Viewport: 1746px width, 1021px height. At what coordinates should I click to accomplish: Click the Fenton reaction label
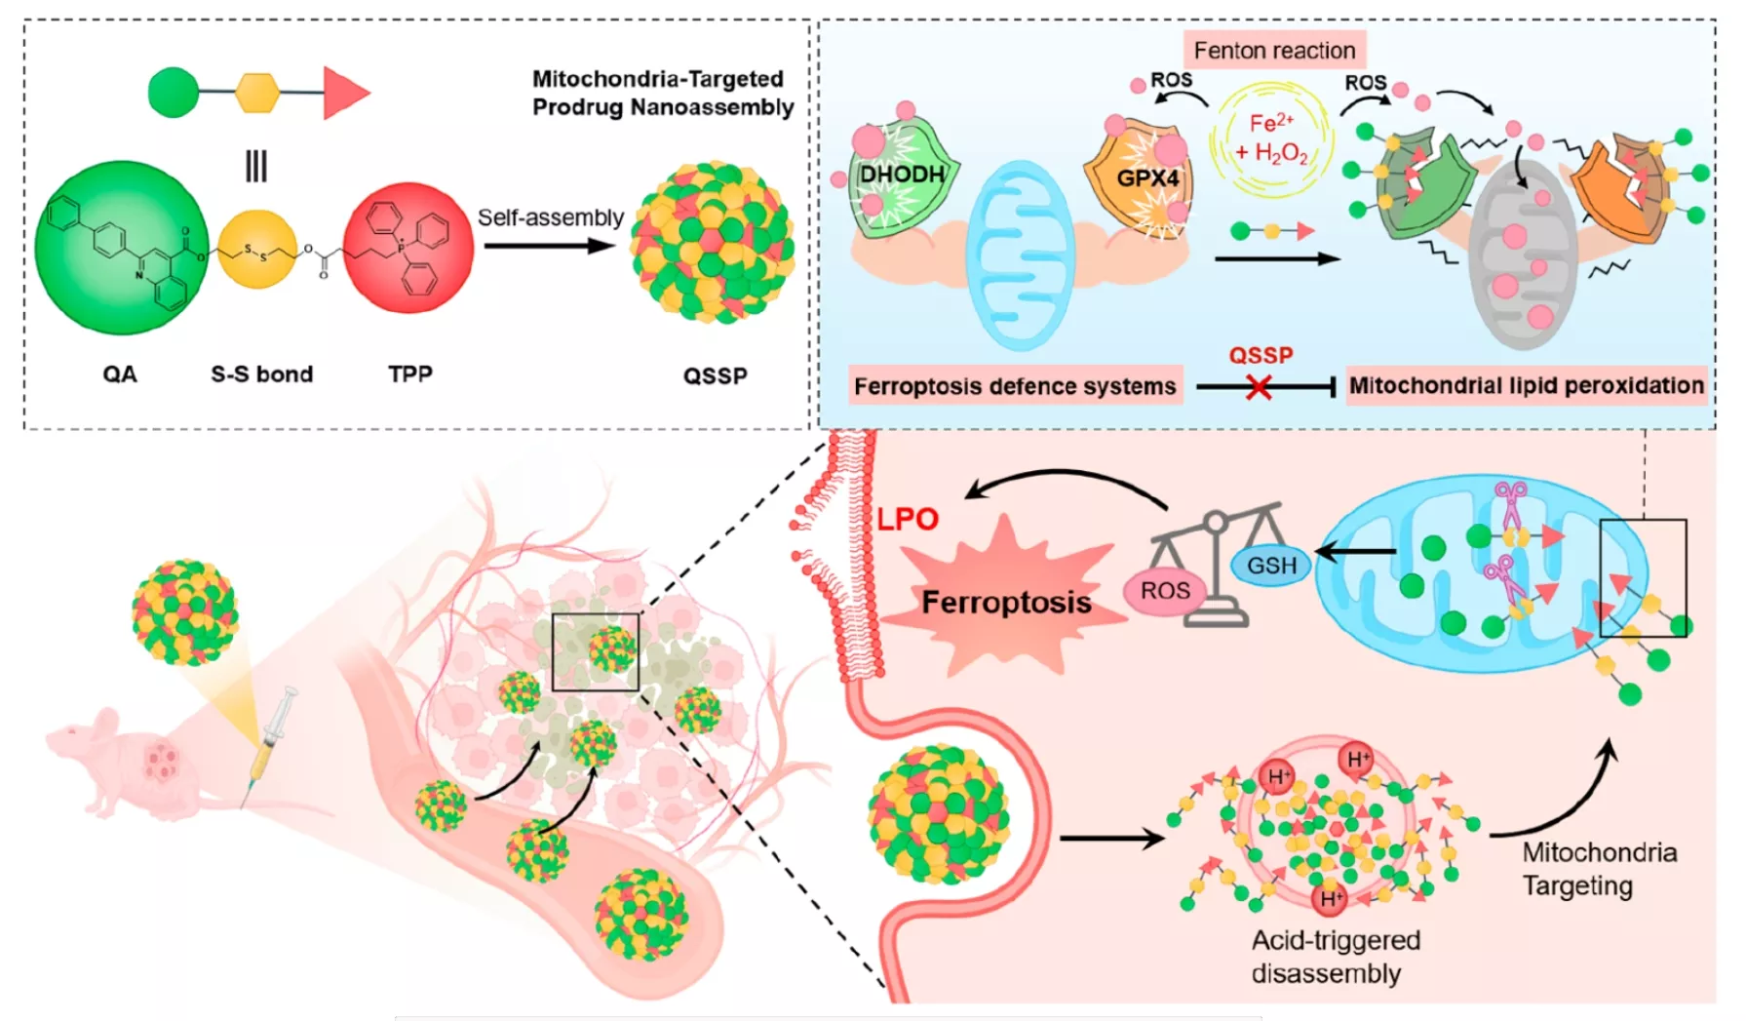[1274, 50]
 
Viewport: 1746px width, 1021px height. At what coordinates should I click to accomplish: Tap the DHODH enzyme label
[903, 175]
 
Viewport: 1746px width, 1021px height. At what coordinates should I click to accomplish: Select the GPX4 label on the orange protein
[1147, 178]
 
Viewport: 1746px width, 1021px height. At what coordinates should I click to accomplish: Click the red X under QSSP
[1259, 388]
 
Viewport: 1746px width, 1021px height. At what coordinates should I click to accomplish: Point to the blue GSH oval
[1272, 566]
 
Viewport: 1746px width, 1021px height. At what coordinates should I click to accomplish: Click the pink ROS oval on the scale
[1165, 591]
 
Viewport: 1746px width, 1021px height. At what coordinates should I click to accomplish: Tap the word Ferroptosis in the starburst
[1006, 603]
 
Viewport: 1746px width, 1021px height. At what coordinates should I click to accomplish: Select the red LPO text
[908, 519]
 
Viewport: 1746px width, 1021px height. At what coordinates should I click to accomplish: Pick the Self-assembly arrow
[549, 246]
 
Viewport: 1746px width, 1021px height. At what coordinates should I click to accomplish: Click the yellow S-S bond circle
[257, 250]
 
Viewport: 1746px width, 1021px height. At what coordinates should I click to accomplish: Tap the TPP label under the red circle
[409, 374]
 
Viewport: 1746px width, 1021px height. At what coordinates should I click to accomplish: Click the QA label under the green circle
[120, 374]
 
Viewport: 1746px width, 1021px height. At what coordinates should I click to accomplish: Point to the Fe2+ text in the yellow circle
[1271, 123]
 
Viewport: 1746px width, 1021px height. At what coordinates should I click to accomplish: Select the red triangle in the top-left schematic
[346, 94]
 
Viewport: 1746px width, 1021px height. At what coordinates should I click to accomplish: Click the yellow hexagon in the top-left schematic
[257, 93]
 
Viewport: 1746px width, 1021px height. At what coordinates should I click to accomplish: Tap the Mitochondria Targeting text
[1599, 869]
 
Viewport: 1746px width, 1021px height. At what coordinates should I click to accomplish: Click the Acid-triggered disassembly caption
[1336, 957]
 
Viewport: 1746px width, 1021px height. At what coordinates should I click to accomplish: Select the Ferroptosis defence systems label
[1015, 386]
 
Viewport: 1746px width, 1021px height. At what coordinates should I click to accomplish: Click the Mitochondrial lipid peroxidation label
[1526, 385]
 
